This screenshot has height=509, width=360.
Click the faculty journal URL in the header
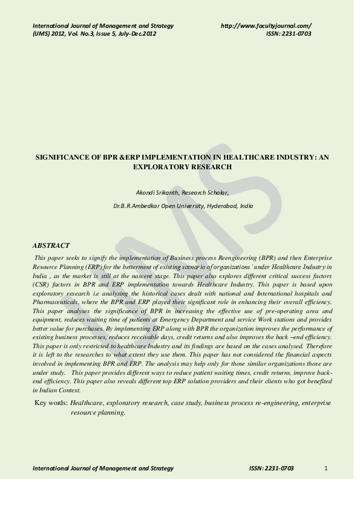coord(266,25)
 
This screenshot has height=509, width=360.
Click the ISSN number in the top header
coord(280,34)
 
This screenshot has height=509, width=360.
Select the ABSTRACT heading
coord(52,246)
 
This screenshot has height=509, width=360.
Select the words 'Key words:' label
coord(51,402)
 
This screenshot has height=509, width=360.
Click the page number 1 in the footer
coord(326,468)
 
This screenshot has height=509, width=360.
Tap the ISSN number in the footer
coord(271,468)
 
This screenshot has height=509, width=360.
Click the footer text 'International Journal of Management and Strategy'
coord(103,468)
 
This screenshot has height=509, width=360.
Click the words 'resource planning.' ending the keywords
coord(98,412)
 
